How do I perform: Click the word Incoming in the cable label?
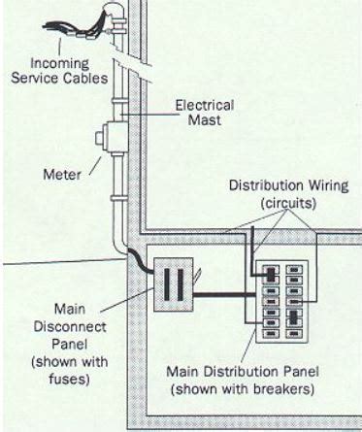coord(64,64)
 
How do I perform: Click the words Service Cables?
coord(64,78)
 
